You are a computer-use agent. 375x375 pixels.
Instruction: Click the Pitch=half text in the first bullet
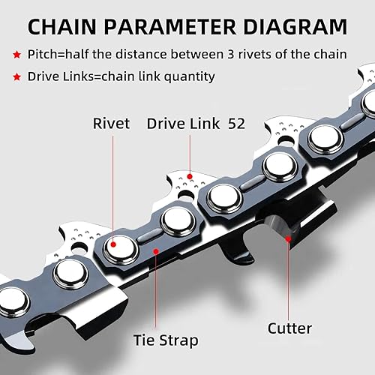point(59,55)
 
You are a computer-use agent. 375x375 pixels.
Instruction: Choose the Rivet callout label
point(112,123)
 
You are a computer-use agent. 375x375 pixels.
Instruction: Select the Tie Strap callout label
point(166,340)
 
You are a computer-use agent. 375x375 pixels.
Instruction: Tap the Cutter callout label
point(289,328)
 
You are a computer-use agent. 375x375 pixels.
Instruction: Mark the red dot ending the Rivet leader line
point(113,244)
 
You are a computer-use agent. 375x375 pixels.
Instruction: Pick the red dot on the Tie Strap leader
point(156,253)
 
